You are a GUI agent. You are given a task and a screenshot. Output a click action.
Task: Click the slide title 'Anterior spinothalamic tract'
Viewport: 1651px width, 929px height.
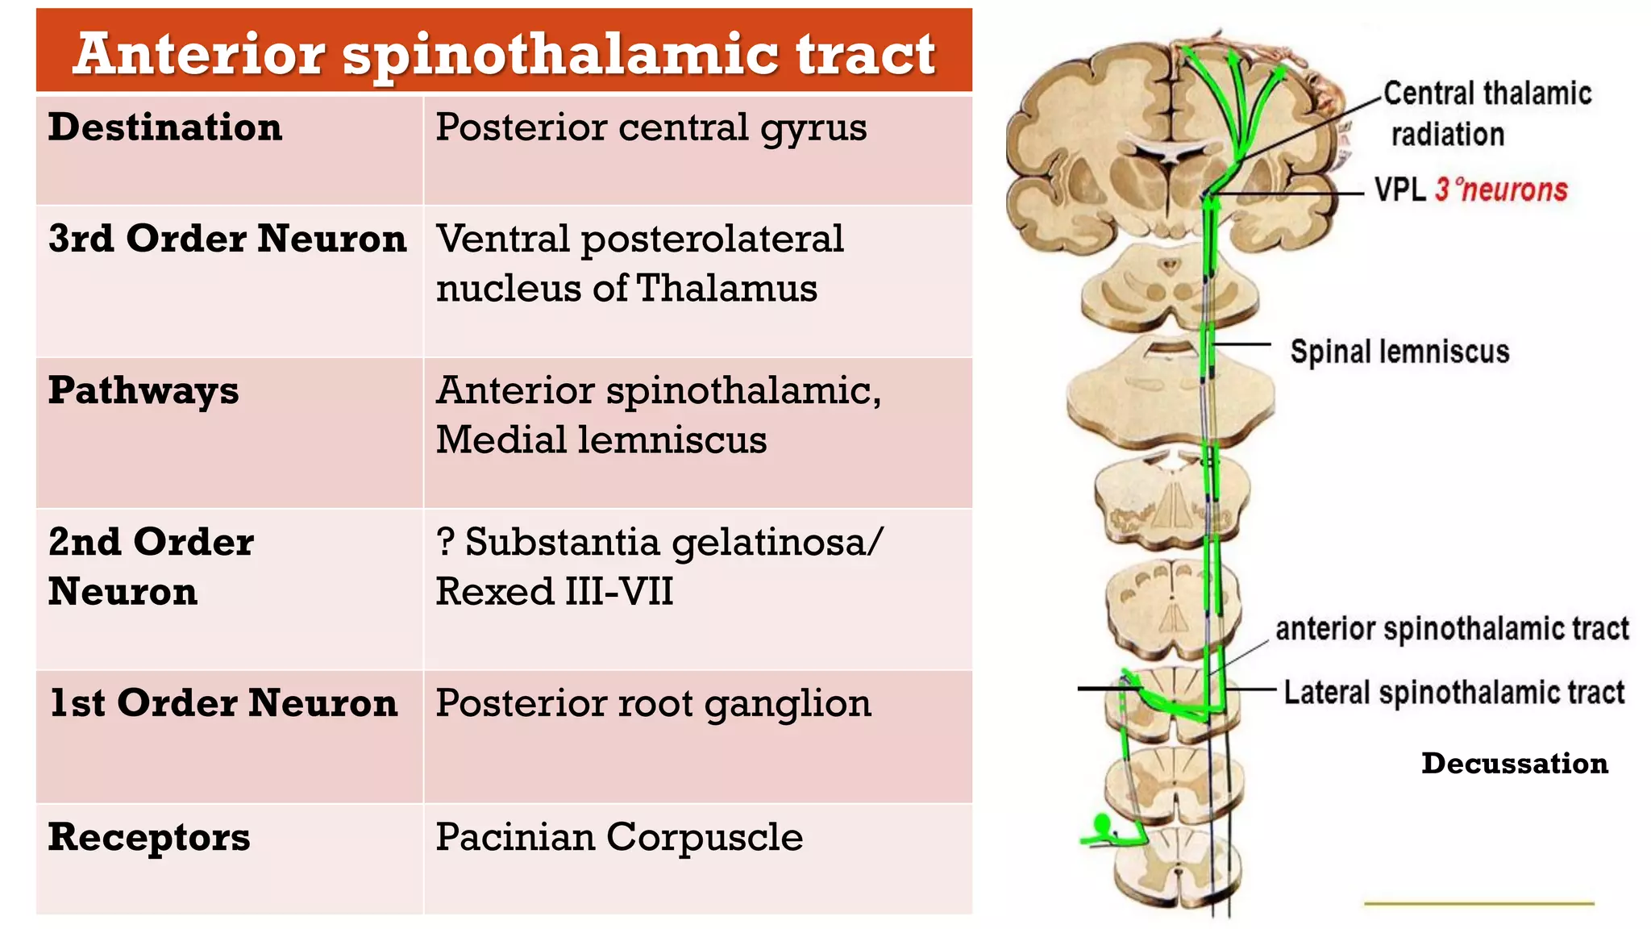(504, 55)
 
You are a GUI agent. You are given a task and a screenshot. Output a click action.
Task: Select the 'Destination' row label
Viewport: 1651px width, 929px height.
(165, 127)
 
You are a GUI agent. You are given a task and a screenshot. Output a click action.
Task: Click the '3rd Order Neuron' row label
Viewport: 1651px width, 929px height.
(227, 239)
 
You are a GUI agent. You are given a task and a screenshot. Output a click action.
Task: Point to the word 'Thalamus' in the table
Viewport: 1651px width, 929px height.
(727, 288)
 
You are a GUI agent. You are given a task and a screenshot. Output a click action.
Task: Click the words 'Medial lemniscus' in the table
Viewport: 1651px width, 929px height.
(601, 440)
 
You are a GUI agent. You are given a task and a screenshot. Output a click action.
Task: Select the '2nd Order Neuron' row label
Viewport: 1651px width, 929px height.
(151, 566)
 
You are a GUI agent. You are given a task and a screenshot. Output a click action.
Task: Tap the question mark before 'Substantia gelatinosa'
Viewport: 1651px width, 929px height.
(445, 542)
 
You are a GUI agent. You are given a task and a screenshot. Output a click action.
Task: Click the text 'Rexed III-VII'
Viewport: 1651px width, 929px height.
(555, 591)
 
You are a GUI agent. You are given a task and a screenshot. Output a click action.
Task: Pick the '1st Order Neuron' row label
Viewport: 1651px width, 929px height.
(223, 703)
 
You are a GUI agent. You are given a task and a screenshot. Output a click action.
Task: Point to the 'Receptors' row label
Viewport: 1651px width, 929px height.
(149, 838)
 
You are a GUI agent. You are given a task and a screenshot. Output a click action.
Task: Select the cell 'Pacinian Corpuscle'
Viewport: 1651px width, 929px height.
(619, 838)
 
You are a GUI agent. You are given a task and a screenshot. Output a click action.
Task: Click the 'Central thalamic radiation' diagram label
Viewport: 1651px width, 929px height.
(1487, 114)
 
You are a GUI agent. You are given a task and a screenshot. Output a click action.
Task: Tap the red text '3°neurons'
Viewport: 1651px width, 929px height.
(1501, 190)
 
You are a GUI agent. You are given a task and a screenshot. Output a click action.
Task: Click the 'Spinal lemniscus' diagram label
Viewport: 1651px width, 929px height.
(1399, 352)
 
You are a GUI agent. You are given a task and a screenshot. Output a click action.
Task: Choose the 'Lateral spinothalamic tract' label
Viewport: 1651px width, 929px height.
(1454, 693)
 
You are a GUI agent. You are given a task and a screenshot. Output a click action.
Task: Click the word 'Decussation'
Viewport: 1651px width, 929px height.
(1515, 763)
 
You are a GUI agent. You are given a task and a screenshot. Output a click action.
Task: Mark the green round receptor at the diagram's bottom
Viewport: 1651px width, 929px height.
(1101, 824)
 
